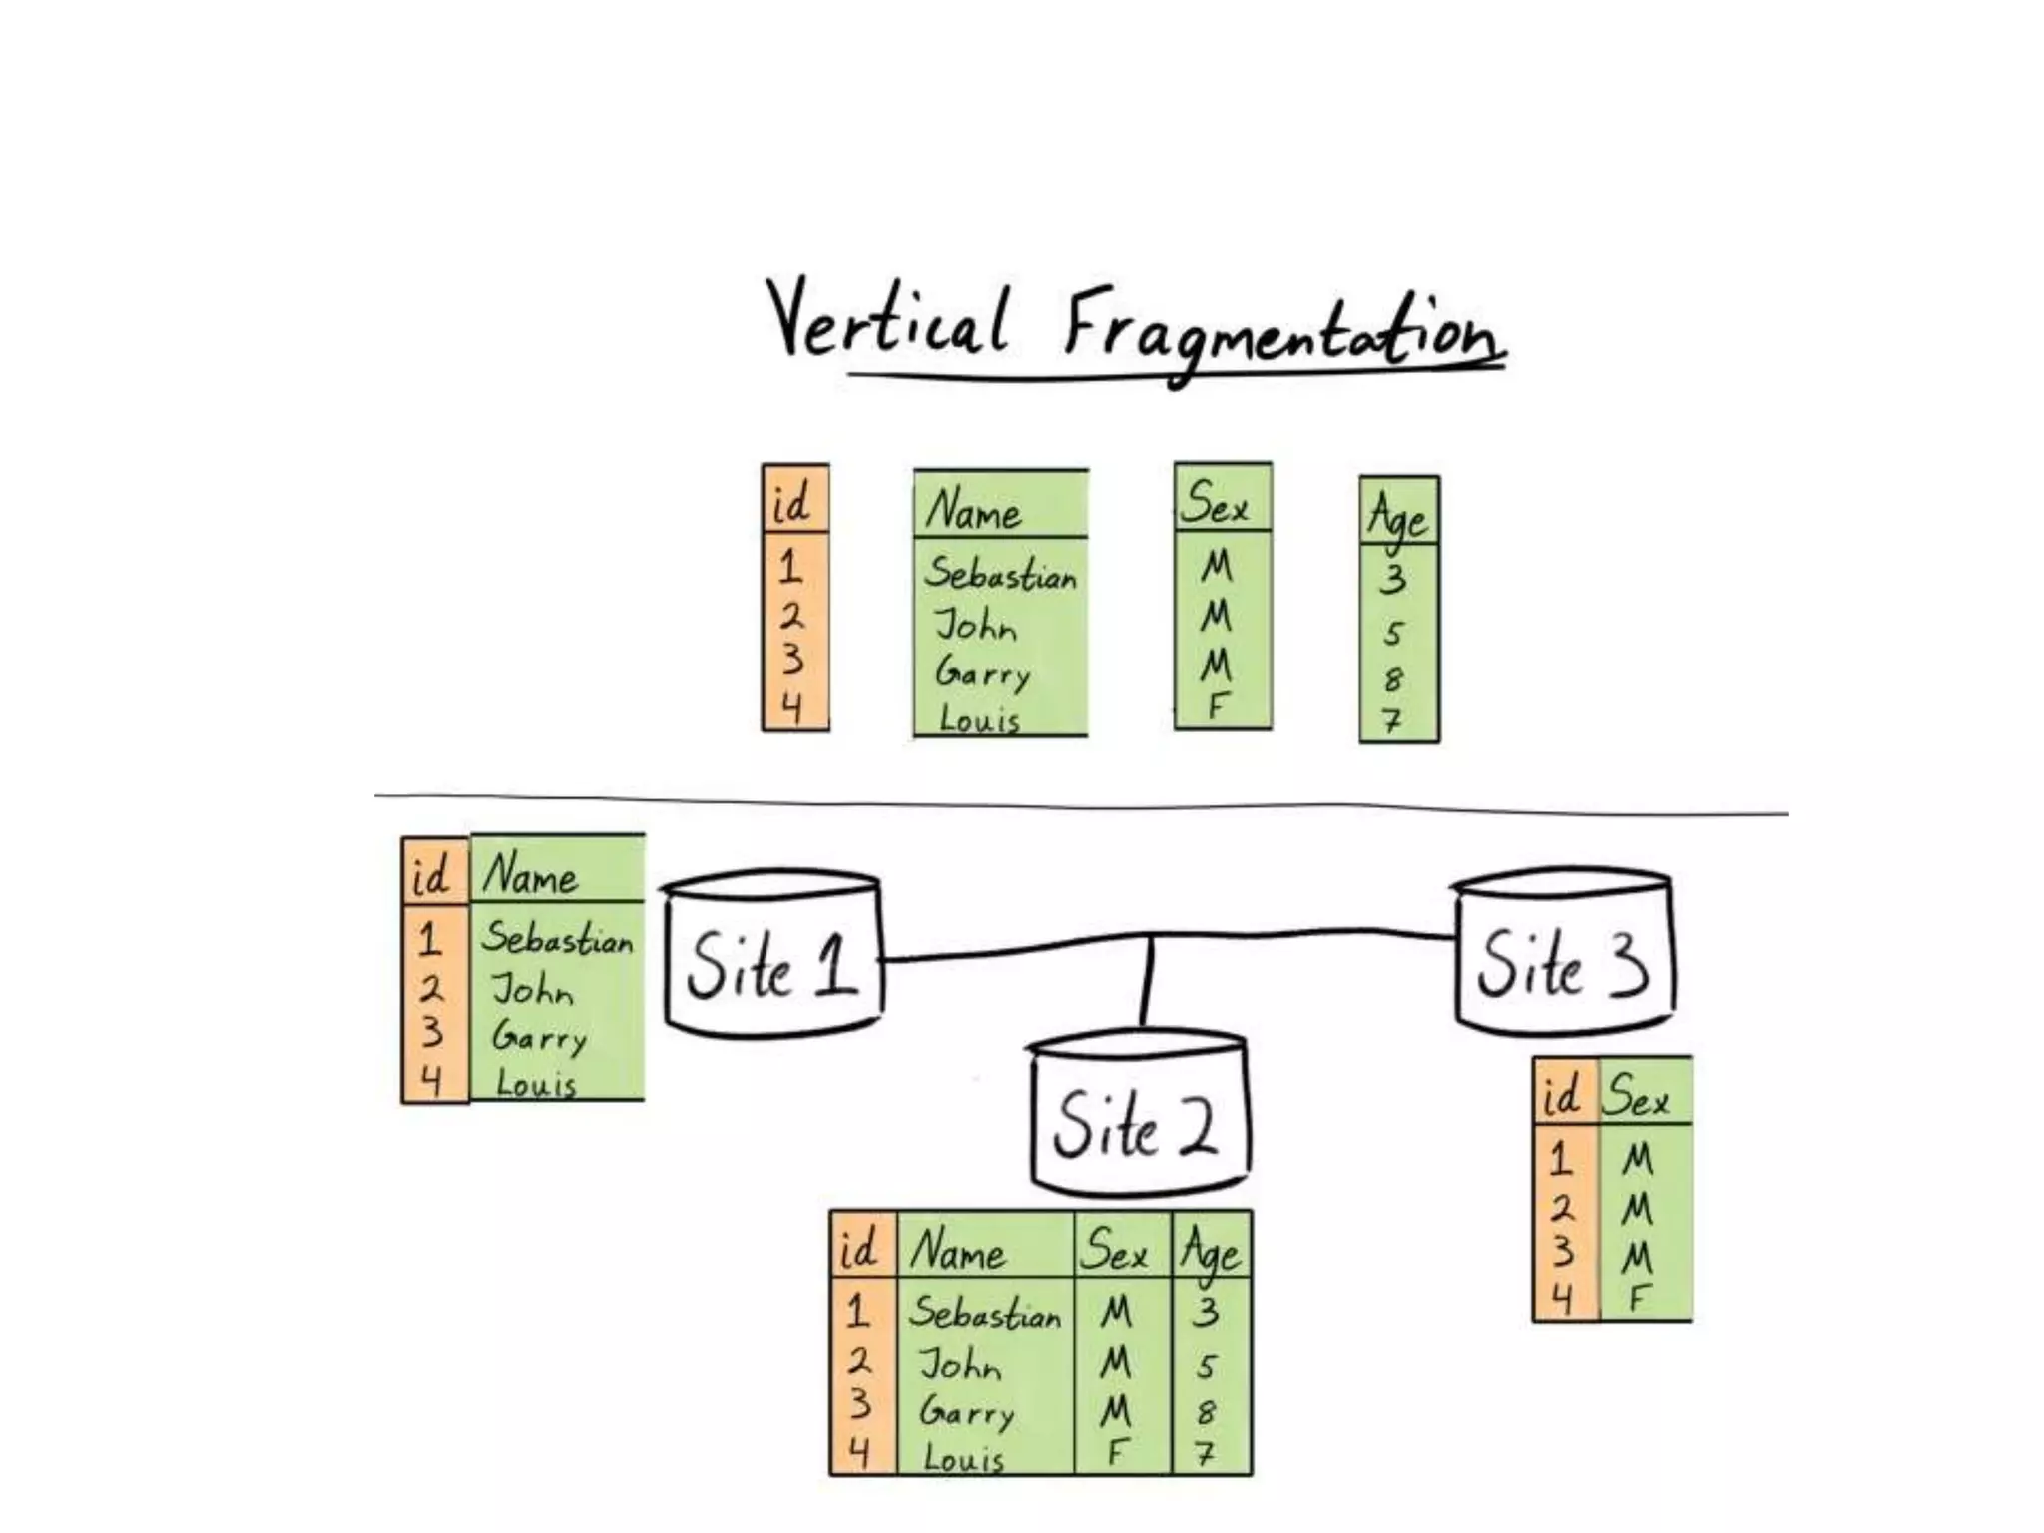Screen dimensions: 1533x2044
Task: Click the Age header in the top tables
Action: pos(1397,515)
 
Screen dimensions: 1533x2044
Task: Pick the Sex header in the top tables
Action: pos(1215,502)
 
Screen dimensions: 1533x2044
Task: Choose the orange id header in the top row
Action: pos(792,502)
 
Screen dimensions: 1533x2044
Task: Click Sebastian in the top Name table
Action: pos(1000,575)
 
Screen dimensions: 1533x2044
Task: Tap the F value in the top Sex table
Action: pos(1217,705)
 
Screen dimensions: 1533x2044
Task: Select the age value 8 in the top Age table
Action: pos(1393,680)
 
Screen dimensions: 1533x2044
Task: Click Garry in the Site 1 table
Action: pos(539,1038)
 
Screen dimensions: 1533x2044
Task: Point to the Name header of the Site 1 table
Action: pos(531,875)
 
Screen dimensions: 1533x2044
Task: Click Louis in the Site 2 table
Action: pos(963,1458)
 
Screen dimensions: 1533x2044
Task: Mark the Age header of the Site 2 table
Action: pos(1211,1251)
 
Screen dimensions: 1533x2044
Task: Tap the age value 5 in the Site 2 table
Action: pos(1207,1365)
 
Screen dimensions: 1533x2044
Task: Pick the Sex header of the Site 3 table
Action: pos(1637,1097)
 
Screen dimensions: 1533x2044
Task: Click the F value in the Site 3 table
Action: pos(1637,1299)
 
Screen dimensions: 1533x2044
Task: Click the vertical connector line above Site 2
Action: pos(1148,982)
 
